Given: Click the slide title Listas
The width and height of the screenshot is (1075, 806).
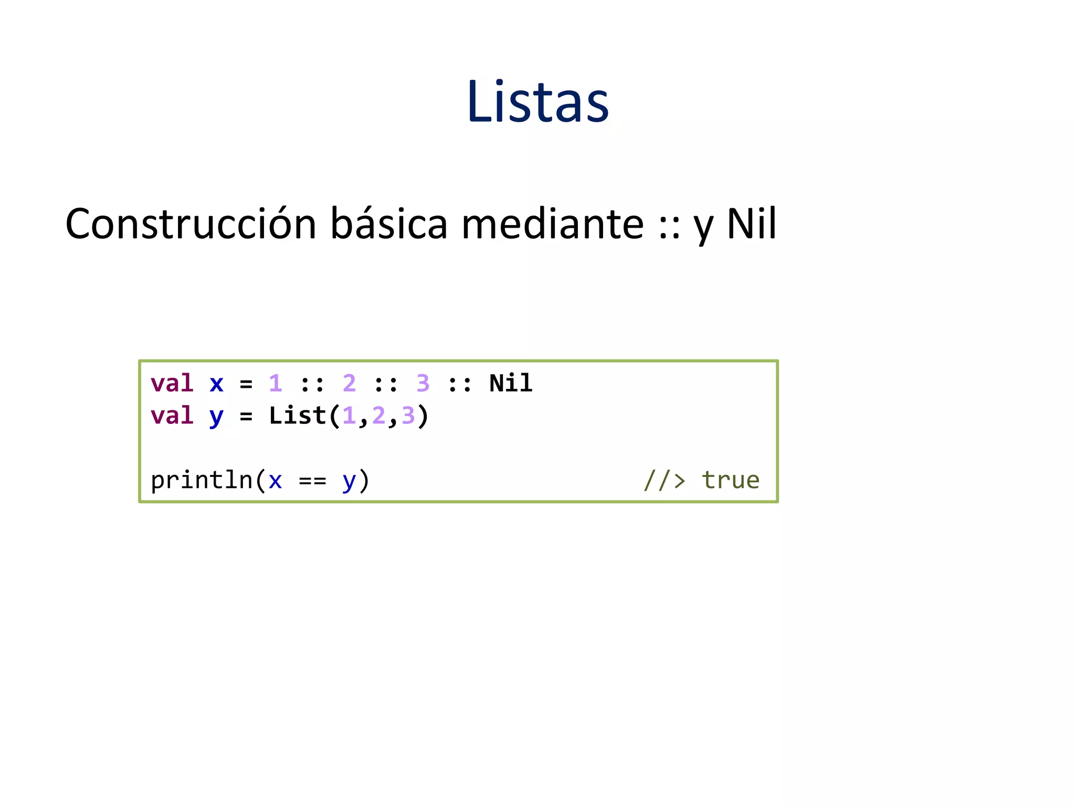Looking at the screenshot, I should [537, 102].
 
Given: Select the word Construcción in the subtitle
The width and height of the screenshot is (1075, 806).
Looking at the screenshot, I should [191, 224].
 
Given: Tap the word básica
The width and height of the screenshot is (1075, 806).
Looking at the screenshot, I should [388, 224].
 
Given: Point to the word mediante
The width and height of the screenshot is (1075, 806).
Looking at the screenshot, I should [552, 224].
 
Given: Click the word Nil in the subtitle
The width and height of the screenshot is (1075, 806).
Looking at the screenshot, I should [751, 224].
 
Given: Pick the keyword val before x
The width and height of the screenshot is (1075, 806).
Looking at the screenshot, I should [172, 384].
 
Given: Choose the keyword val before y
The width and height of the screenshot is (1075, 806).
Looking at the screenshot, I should [172, 416].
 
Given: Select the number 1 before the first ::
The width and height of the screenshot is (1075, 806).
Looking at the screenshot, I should [275, 384].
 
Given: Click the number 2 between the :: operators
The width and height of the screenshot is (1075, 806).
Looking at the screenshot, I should [349, 384].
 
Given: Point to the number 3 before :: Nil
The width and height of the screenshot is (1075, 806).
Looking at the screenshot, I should [423, 384].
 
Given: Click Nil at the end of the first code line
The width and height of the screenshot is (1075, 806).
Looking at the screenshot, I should [511, 384].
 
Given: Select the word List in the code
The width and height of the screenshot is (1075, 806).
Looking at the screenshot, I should [298, 416].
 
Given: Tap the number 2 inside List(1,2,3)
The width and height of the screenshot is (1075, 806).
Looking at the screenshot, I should [378, 416].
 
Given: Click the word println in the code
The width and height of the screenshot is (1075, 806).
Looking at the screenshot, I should [202, 480].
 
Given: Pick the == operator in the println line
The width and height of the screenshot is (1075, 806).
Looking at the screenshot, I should [312, 481].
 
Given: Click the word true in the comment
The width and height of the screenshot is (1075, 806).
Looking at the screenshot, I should [731, 480].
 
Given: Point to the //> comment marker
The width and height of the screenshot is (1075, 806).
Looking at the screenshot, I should [665, 480].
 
